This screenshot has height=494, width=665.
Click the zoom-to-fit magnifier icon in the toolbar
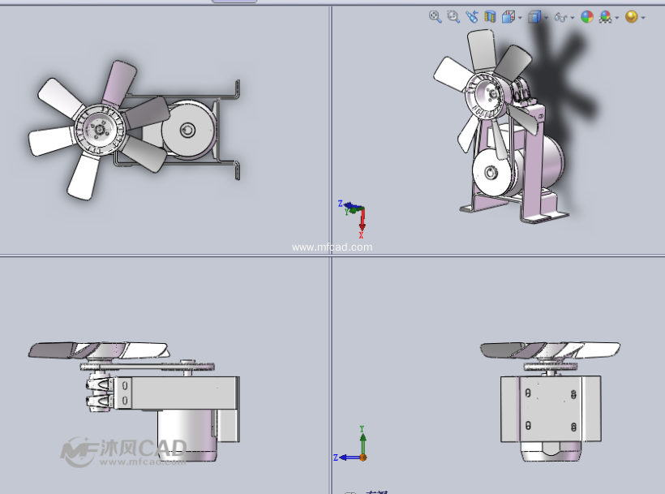435,16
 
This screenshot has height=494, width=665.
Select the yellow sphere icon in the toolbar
631,17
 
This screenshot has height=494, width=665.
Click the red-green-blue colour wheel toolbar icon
587,17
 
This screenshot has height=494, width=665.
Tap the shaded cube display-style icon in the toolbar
534,17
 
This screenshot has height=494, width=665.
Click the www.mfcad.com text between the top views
332,247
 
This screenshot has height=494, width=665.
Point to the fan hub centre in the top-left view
100,129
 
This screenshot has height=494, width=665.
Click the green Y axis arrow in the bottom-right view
363,439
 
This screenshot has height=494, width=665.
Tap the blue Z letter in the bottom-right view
336,457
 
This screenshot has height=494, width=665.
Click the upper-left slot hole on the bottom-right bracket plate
528,394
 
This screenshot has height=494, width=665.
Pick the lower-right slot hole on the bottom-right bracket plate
573,426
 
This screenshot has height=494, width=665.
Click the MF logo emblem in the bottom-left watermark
79,452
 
